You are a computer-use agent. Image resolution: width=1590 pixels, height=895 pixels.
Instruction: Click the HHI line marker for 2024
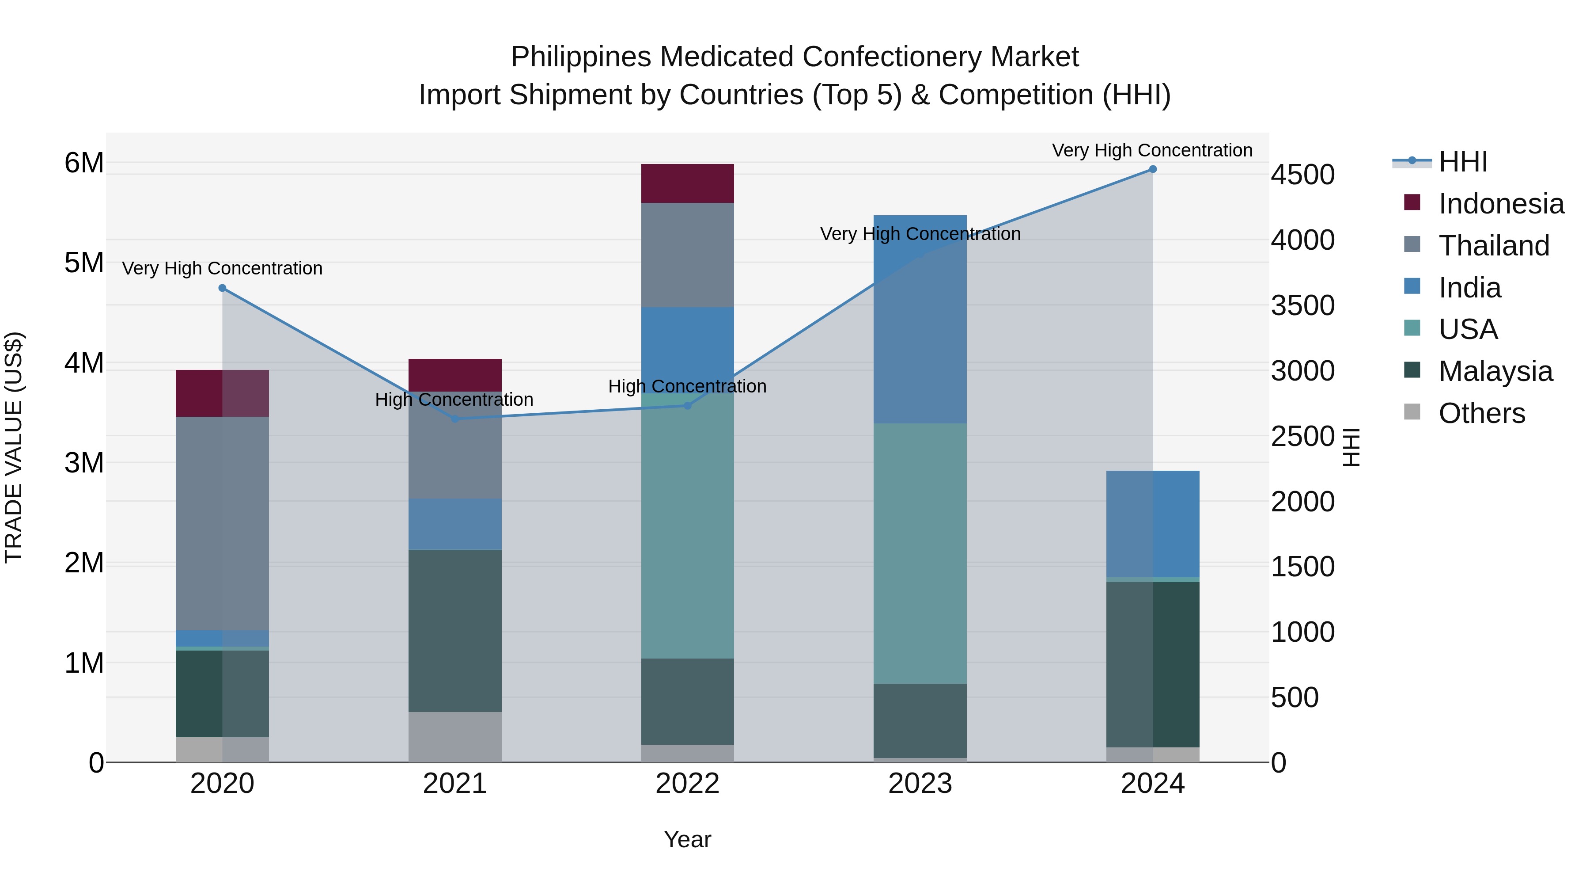tap(1152, 169)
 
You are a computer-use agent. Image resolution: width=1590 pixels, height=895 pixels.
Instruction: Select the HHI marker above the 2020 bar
tap(222, 288)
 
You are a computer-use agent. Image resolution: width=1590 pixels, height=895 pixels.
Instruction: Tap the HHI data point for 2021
tap(455, 419)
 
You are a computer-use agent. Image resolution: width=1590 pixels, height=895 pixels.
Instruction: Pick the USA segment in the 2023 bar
tap(920, 553)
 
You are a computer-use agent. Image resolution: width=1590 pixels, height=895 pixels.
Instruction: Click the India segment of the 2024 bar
tap(1152, 524)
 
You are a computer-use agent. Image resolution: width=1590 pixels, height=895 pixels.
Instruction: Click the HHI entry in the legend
tap(1462, 162)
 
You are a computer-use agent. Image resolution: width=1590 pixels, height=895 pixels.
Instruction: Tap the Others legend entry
tap(1481, 413)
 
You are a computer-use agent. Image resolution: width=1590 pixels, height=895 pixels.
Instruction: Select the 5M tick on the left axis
tap(84, 263)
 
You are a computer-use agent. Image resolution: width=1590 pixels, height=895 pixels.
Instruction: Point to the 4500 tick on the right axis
tap(1302, 175)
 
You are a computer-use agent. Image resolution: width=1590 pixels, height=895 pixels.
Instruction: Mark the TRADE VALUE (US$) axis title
tap(14, 447)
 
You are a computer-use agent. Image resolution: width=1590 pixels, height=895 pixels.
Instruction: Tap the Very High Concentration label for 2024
tap(1152, 150)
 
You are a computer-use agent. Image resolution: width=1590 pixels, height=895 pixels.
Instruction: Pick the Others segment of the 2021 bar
tap(455, 737)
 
